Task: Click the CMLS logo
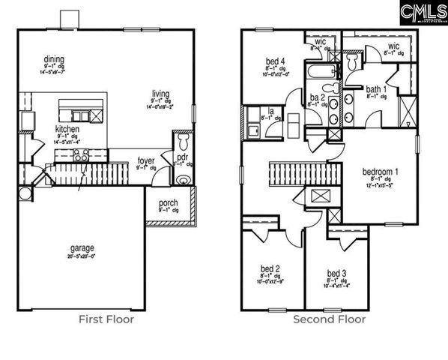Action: pyautogui.click(x=423, y=12)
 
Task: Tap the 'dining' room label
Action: pyautogui.click(x=53, y=59)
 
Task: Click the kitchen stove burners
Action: pyautogui.click(x=81, y=155)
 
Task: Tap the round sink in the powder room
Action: pyautogui.click(x=183, y=179)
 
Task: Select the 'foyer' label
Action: pyautogui.click(x=147, y=160)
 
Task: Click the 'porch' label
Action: pyautogui.click(x=169, y=202)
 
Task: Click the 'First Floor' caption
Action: pyautogui.click(x=106, y=319)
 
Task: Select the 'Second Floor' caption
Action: pyautogui.click(x=329, y=319)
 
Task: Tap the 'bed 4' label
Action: pyautogui.click(x=275, y=61)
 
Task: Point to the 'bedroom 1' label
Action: pyautogui.click(x=380, y=172)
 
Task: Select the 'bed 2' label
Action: pyautogui.click(x=270, y=268)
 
